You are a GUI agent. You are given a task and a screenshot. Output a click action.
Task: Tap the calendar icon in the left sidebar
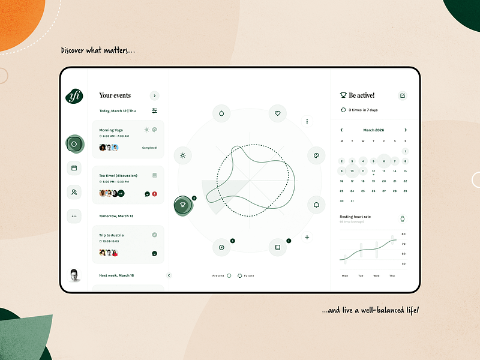coord(74,168)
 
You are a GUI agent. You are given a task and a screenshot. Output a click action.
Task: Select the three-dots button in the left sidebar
coord(74,216)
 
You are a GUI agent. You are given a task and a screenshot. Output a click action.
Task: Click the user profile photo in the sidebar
coord(74,275)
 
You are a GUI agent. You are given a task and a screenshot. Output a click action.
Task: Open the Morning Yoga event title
coord(111,130)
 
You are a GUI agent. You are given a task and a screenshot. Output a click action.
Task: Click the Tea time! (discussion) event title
coord(118,176)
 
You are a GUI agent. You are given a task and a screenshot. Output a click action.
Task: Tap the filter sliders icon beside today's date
coord(155,111)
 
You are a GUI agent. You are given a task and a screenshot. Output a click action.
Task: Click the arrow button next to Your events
coord(155,95)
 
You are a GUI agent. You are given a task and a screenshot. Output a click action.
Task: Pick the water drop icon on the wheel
coord(221,112)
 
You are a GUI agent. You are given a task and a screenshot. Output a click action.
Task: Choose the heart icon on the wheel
coord(277,112)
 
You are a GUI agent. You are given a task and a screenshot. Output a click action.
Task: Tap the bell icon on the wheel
coord(316,205)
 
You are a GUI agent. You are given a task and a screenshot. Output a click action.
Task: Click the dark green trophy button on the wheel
coord(183,205)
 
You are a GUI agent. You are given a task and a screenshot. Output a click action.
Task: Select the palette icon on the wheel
coord(316,156)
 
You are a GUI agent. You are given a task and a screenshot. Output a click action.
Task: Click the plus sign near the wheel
coord(307,238)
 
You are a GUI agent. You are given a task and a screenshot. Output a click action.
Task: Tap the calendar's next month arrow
coord(406,130)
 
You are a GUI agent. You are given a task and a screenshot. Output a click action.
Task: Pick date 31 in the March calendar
coord(352,201)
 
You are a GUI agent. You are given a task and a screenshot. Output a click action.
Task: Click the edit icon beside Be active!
coord(403,95)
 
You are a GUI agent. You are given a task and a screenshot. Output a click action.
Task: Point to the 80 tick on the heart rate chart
coord(404,234)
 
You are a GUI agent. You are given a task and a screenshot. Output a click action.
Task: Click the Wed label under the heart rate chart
coord(376,276)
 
